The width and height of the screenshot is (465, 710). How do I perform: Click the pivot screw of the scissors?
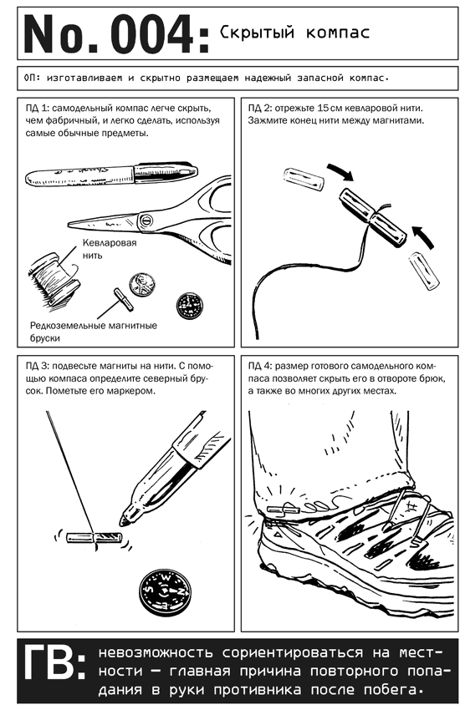(x=146, y=221)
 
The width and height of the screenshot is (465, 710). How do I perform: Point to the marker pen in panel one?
(x=111, y=175)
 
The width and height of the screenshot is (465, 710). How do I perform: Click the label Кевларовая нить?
(x=110, y=249)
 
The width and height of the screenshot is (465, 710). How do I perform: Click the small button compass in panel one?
(x=189, y=305)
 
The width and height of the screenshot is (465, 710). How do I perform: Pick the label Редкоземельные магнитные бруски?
(x=94, y=332)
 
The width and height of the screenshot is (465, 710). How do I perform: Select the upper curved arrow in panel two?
(x=341, y=171)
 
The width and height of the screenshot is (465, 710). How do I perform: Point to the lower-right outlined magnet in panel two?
(x=424, y=271)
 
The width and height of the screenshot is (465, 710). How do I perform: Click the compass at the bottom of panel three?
(x=165, y=591)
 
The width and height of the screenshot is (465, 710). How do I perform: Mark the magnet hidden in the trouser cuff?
(x=282, y=510)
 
